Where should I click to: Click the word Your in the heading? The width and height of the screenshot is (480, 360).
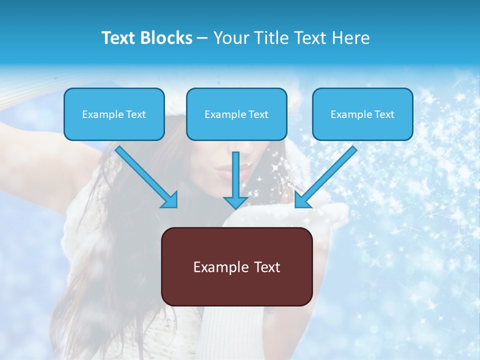[228, 38]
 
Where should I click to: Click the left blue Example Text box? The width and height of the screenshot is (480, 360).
[114, 114]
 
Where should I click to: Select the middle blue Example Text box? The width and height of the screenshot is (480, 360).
[236, 114]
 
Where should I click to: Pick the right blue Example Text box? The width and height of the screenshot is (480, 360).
[362, 114]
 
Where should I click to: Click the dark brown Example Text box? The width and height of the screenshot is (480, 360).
[236, 267]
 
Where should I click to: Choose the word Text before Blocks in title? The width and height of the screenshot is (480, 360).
[119, 38]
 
